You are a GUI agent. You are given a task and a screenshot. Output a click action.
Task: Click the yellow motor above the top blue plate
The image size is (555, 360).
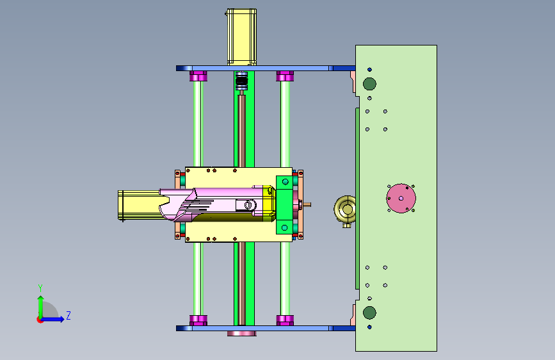click(241, 37)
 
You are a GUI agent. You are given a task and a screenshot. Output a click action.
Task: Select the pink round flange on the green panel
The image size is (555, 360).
click(401, 199)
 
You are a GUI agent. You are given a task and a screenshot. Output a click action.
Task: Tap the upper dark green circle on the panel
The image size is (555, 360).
click(369, 84)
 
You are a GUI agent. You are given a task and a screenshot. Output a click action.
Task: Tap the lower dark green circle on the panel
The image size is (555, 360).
click(369, 313)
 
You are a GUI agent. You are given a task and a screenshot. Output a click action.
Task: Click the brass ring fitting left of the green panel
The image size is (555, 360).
click(345, 209)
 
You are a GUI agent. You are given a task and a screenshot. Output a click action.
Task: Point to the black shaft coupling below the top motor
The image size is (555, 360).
click(242, 81)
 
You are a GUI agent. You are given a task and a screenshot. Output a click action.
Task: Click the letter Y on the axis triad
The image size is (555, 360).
click(40, 288)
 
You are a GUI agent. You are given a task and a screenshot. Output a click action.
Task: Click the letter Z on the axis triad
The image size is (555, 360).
click(68, 315)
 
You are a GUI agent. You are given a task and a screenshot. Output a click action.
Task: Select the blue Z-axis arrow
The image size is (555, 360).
click(52, 319)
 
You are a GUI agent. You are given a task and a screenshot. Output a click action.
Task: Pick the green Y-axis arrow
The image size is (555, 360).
click(41, 307)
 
